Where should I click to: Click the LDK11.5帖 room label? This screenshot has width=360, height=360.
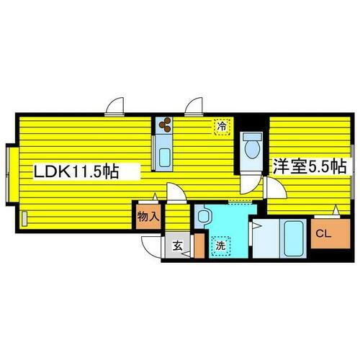(x=76, y=171)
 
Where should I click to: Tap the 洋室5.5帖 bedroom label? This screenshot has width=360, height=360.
(x=310, y=166)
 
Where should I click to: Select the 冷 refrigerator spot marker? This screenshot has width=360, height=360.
(x=222, y=127)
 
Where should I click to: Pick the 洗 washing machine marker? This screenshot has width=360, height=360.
(x=220, y=246)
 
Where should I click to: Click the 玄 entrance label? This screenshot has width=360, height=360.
(x=178, y=246)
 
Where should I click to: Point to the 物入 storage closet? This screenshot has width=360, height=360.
(x=148, y=217)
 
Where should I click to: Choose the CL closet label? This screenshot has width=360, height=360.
(x=323, y=233)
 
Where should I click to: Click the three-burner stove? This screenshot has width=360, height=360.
(x=165, y=125)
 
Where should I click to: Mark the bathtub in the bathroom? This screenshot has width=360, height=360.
(x=293, y=238)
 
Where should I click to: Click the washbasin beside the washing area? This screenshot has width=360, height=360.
(x=204, y=216)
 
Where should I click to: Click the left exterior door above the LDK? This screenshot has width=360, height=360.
(x=114, y=107)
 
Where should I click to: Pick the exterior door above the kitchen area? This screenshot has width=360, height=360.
(x=194, y=107)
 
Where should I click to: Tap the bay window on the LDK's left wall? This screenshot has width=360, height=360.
(x=12, y=174)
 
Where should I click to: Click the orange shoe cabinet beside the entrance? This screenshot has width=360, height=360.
(x=199, y=246)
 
